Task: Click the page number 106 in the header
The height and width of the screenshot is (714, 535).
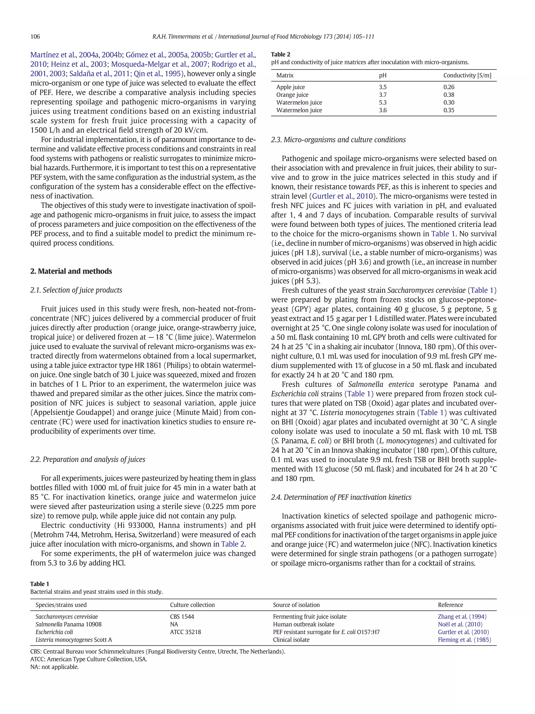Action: [35, 37]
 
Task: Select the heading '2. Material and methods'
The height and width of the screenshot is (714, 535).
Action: [71, 271]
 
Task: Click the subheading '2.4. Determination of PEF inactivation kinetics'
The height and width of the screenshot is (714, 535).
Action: [341, 497]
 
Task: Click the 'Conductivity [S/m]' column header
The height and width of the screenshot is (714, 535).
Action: [467, 76]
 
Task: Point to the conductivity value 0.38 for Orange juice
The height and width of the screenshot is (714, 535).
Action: [449, 95]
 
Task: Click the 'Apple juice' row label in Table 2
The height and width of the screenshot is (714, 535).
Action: [290, 87]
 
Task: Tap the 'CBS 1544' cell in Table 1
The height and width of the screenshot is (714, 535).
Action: [182, 616]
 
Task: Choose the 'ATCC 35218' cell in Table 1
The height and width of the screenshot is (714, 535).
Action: [185, 632]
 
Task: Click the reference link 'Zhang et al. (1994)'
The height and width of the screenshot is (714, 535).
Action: [462, 616]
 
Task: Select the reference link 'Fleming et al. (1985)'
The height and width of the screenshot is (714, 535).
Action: [464, 640]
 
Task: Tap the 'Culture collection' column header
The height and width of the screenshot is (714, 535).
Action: [192, 605]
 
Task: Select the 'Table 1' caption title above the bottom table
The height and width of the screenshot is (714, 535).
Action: [40, 584]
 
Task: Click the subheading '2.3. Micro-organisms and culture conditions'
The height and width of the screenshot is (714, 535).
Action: [338, 140]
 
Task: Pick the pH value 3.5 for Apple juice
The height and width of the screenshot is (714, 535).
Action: [382, 87]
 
